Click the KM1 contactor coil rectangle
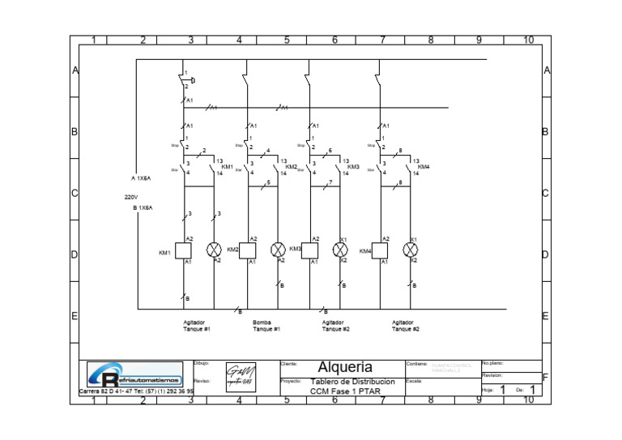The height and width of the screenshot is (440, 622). (184, 250)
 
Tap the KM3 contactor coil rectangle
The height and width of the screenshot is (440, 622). (311, 250)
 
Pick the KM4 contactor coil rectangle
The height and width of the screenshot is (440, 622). (379, 250)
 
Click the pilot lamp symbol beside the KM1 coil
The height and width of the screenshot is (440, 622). (215, 250)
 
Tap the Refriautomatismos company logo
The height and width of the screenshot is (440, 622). (135, 375)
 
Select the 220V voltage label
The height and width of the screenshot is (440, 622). (131, 197)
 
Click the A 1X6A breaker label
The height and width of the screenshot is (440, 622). (141, 178)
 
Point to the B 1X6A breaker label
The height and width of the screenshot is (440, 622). (143, 208)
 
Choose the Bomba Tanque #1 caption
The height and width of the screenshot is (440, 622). (266, 326)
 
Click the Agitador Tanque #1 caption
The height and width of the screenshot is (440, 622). (196, 326)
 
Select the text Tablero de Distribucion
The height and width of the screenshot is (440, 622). (352, 382)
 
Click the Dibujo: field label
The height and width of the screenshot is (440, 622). (202, 364)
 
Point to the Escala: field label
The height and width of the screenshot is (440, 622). (414, 381)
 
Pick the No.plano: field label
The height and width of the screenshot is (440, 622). (492, 364)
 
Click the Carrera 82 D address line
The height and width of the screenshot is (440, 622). (136, 391)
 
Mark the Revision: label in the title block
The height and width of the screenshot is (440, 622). (492, 376)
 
